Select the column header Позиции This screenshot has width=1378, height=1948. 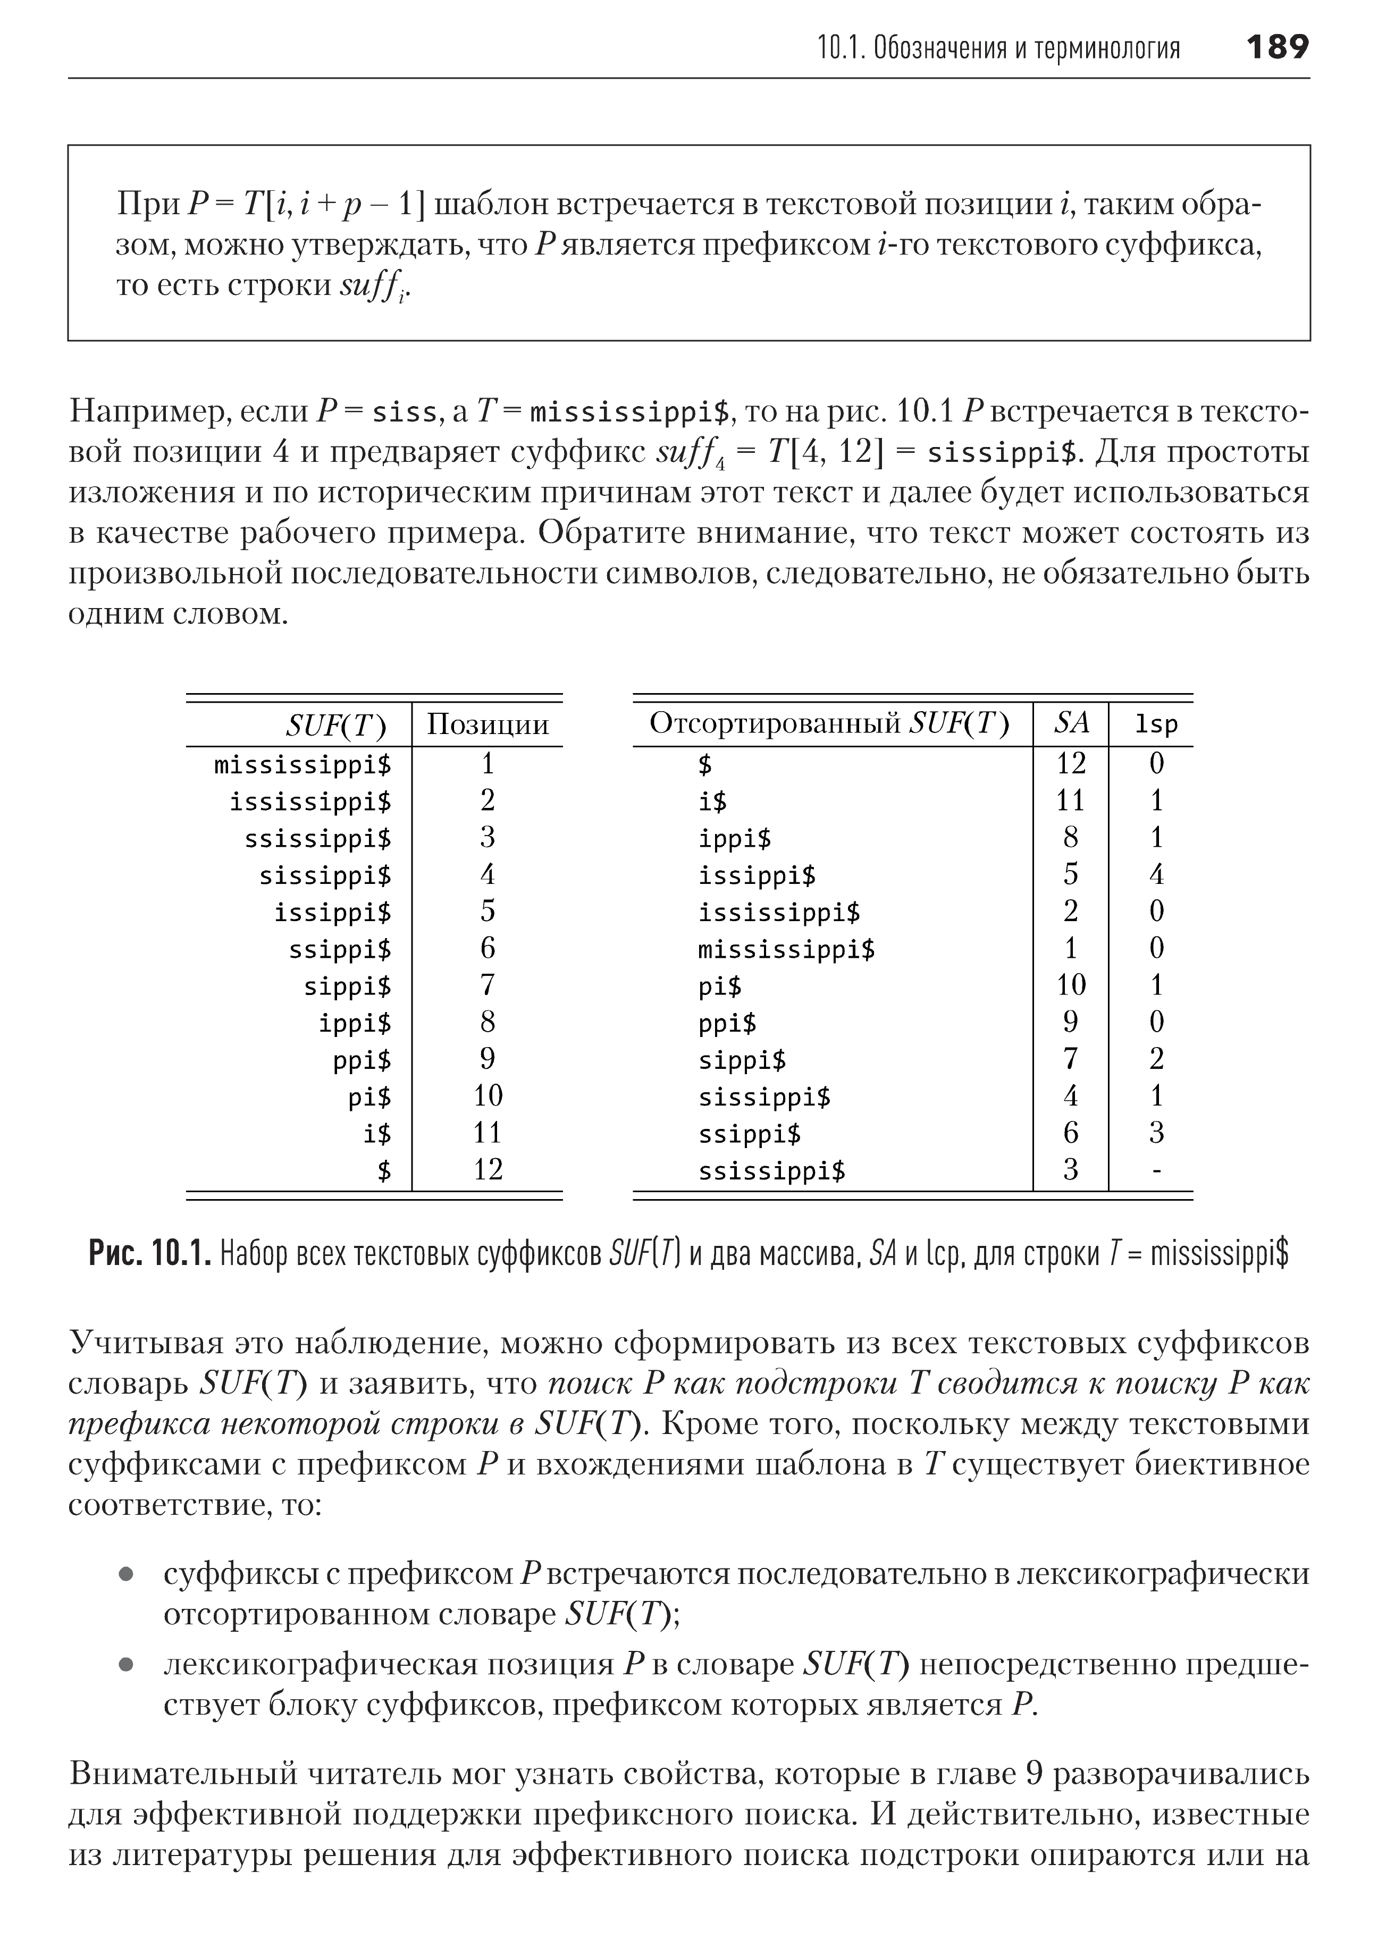[x=488, y=724]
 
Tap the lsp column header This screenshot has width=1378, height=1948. [x=1156, y=724]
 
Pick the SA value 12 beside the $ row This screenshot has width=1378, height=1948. [x=1071, y=764]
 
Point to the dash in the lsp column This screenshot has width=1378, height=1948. [x=1156, y=1170]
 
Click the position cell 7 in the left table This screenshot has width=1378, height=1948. [x=487, y=985]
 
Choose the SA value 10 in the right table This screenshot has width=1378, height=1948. [x=1071, y=985]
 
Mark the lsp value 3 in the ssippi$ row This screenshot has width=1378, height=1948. [x=1156, y=1133]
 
